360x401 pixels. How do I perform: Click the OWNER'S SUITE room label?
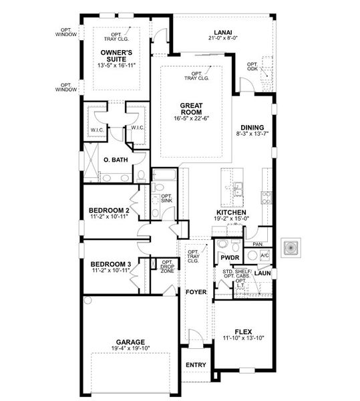[x=116, y=55]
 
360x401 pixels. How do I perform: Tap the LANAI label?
[x=223, y=31]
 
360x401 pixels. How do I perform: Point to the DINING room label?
[x=252, y=127]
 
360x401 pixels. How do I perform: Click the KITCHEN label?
[x=232, y=211]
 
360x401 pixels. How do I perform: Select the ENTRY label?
[x=196, y=365]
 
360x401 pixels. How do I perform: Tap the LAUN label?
[x=262, y=273]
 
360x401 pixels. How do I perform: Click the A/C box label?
[x=264, y=256]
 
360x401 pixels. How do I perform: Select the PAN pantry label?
[x=257, y=235]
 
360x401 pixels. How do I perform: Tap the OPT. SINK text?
[x=166, y=198]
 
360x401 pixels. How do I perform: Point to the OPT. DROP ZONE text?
[x=167, y=267]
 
